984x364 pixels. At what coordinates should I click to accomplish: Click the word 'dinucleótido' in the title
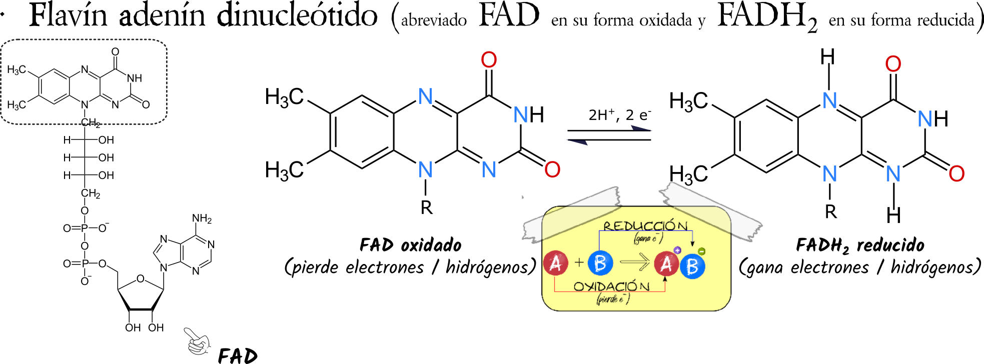[297, 15]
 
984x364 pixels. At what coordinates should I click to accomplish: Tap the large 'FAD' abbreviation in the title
[509, 15]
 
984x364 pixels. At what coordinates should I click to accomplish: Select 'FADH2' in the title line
[768, 17]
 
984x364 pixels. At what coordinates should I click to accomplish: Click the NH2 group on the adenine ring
[202, 218]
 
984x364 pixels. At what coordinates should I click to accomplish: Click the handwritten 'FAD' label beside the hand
[238, 355]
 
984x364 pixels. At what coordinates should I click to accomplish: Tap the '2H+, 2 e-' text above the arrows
[620, 114]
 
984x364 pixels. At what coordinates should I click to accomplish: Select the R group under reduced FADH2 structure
[830, 211]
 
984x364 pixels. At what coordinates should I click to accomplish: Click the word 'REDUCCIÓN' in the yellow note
[645, 226]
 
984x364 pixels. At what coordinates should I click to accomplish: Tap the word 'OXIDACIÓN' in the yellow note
[611, 286]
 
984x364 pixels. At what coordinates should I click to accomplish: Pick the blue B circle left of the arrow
[600, 262]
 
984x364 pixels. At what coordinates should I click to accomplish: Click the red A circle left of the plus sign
[555, 263]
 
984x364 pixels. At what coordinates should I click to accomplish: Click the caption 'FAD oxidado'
[410, 245]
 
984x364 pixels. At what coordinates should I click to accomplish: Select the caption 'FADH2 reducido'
[860, 245]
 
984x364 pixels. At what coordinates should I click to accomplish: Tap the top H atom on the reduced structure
[828, 56]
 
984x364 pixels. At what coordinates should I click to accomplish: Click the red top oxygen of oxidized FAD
[489, 60]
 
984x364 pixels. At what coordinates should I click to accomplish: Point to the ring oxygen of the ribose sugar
[141, 278]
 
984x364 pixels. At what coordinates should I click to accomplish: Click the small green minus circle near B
[702, 251]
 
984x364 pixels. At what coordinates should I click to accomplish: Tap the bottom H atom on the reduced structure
[893, 215]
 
